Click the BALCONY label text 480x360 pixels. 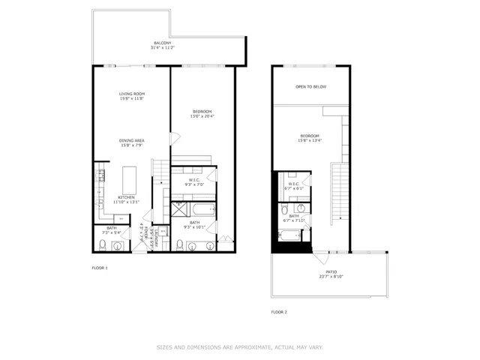162,43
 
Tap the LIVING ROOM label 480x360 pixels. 132,94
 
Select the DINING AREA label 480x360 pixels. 132,140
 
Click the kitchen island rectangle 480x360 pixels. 130,179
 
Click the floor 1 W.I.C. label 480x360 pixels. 194,179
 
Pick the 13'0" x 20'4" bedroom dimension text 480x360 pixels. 202,116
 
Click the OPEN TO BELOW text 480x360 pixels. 310,87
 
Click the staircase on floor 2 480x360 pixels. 340,191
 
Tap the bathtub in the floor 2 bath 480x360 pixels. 289,236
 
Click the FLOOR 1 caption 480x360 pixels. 100,268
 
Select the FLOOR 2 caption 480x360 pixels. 280,311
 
